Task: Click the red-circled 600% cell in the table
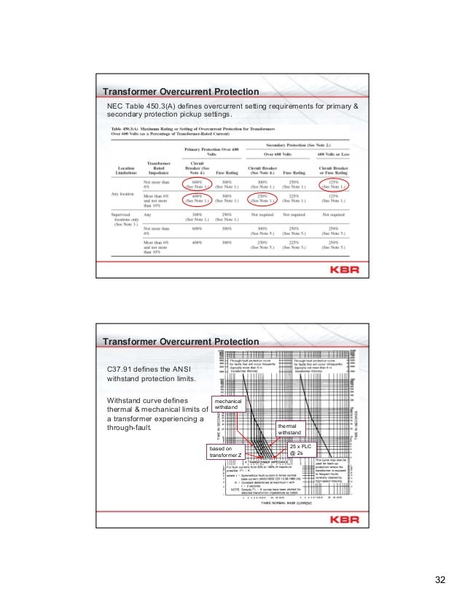pyautogui.click(x=197, y=185)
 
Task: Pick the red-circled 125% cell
pyautogui.click(x=336, y=185)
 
